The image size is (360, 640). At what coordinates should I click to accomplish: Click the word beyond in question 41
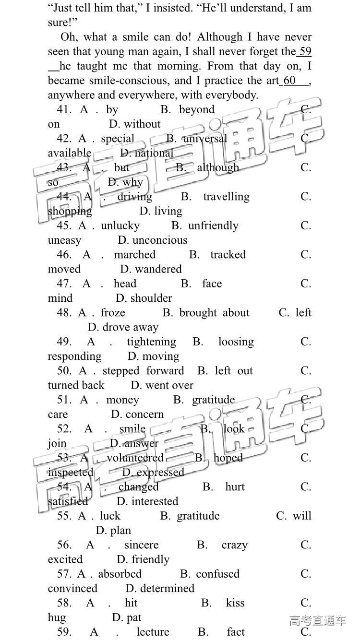(x=197, y=109)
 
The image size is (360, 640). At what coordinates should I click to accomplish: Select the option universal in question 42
(x=205, y=139)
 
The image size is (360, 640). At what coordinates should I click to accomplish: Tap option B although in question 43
(x=218, y=167)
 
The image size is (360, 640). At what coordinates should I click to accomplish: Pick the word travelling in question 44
(x=226, y=197)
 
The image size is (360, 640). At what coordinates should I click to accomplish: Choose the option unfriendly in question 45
(x=213, y=225)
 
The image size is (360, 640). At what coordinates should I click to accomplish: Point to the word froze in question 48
(x=113, y=313)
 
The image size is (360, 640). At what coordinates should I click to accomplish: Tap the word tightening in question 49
(x=151, y=342)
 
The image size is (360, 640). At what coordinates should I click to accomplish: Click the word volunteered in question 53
(x=135, y=458)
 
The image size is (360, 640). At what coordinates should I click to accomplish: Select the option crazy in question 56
(x=235, y=545)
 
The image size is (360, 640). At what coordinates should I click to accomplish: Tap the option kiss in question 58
(x=235, y=603)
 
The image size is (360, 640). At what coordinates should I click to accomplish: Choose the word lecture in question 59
(x=153, y=632)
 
